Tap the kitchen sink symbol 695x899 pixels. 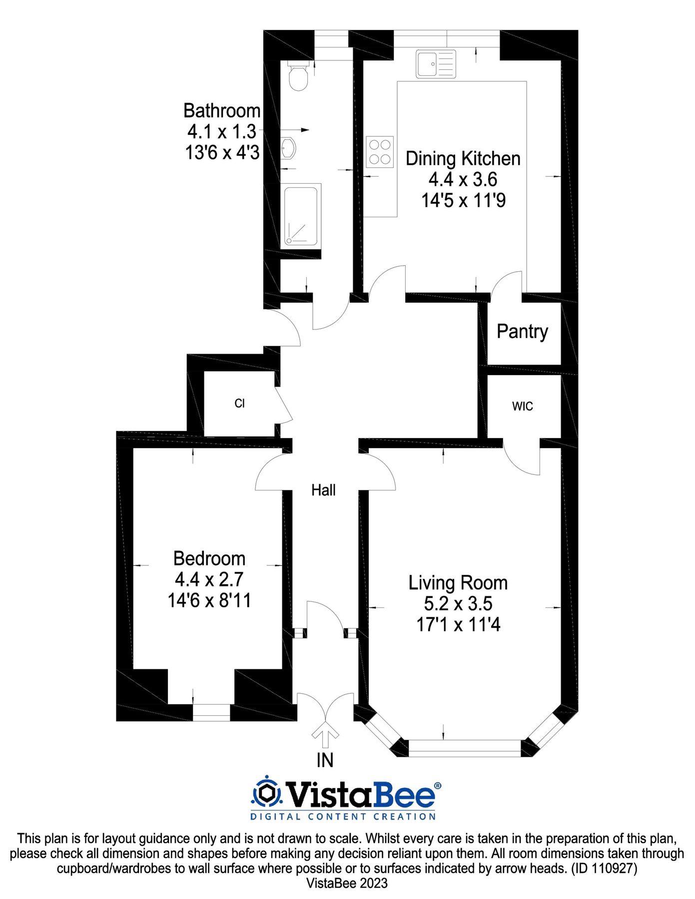tap(436, 64)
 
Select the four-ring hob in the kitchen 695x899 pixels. tap(380, 152)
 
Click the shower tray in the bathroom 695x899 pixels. tap(301, 216)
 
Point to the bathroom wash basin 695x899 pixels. tap(288, 148)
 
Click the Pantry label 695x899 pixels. tap(522, 332)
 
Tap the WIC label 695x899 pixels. tap(523, 406)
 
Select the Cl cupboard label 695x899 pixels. tap(239, 404)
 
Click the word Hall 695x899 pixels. tap(323, 490)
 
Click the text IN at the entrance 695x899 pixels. tap(325, 761)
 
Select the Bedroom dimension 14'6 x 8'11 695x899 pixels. tap(209, 600)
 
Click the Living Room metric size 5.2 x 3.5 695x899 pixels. tap(458, 604)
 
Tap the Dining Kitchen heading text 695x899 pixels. tap(463, 159)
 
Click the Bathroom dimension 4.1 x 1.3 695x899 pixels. tap(222, 132)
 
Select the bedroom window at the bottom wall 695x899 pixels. tap(211, 713)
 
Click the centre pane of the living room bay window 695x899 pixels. tap(465, 747)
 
